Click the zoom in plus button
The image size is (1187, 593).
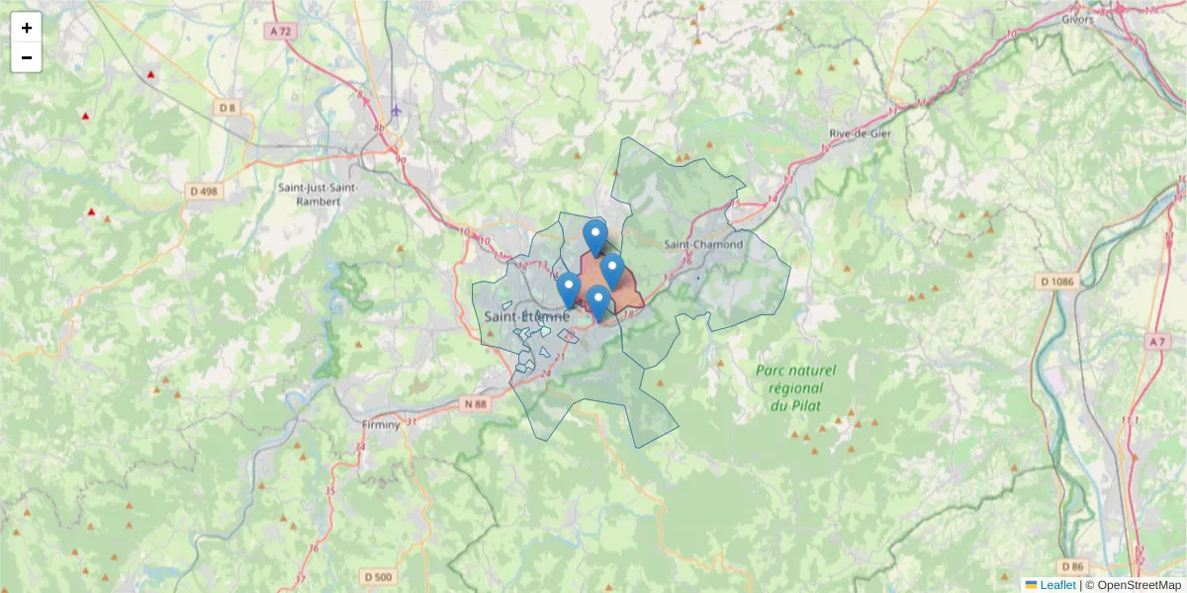click(27, 28)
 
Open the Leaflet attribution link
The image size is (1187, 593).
click(1057, 585)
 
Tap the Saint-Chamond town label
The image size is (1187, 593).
click(702, 244)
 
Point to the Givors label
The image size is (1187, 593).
click(1077, 19)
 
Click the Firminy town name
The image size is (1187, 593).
click(381, 425)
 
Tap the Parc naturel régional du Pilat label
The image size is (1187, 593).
click(795, 387)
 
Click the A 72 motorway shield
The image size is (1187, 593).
click(281, 32)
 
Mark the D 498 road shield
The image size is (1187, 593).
click(204, 191)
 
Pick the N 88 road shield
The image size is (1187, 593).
click(475, 403)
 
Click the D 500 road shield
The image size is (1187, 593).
click(378, 577)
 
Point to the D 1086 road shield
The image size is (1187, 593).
click(1056, 282)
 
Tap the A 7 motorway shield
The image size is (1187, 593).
click(1156, 341)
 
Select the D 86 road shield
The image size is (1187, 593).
click(1071, 566)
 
